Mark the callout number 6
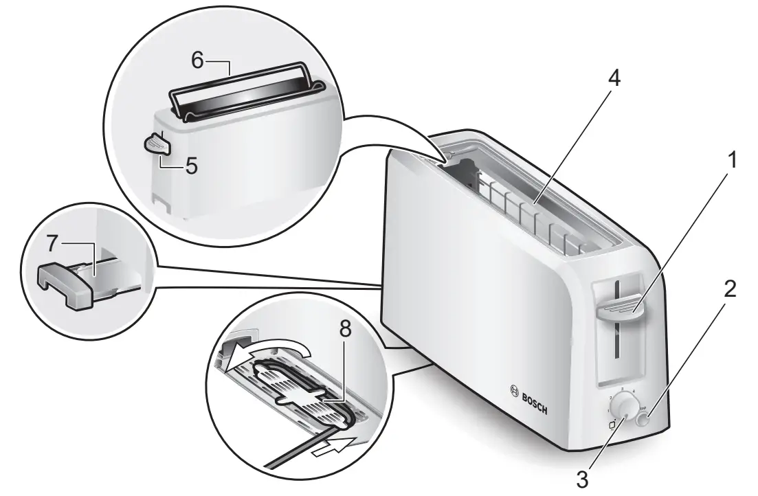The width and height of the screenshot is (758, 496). pos(197,61)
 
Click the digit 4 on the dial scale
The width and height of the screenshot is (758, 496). pos(633,391)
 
